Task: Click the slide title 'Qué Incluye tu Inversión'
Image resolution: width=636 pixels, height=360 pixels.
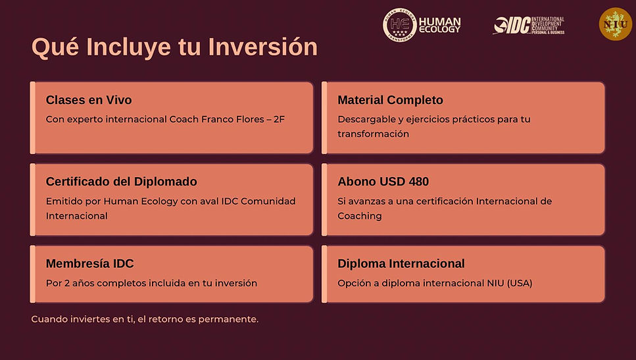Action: click(x=174, y=47)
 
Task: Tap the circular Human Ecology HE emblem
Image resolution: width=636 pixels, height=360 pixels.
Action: click(x=399, y=25)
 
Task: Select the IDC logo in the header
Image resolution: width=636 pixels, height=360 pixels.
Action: click(x=528, y=26)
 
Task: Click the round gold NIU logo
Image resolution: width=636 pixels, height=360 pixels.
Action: click(x=615, y=24)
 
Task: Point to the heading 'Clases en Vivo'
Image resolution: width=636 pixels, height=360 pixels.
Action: click(x=89, y=100)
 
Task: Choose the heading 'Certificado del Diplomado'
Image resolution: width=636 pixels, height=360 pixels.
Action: click(x=121, y=182)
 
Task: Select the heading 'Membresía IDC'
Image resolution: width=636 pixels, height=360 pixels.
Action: click(x=89, y=264)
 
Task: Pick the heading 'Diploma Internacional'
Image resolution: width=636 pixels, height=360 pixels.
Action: click(x=401, y=264)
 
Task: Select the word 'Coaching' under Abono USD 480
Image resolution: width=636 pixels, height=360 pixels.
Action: click(x=359, y=216)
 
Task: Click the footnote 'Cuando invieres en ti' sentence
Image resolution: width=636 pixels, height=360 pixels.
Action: click(x=145, y=319)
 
